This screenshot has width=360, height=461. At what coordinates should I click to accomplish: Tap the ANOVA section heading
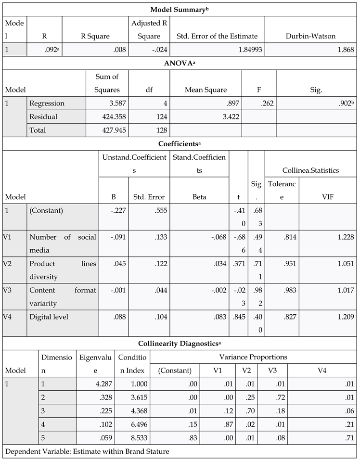click(x=180, y=63)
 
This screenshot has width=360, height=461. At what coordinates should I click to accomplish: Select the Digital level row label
click(x=49, y=317)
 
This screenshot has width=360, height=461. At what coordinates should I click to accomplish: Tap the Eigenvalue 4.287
click(x=103, y=384)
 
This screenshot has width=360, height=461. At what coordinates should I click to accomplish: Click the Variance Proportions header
click(x=253, y=357)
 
